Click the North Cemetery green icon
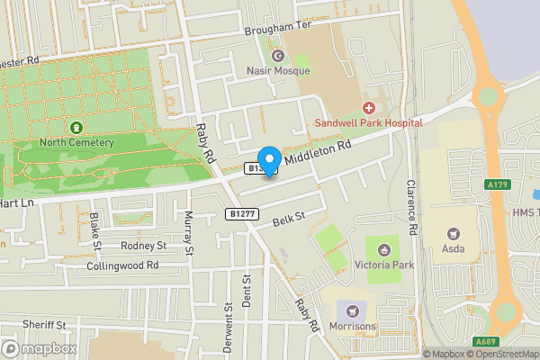point(76,128)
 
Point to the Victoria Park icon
point(386,249)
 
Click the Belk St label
point(290,219)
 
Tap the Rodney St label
point(143,245)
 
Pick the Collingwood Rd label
point(122,265)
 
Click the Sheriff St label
point(45,324)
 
